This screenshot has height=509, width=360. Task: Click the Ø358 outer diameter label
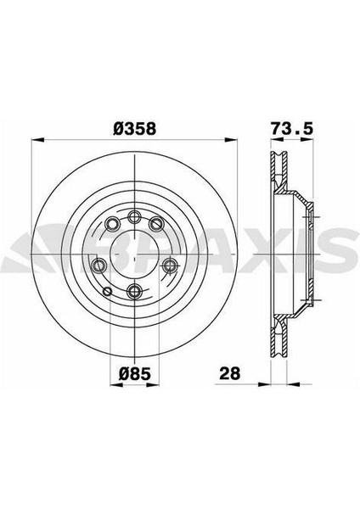134,129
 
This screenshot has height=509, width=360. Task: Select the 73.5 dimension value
291,128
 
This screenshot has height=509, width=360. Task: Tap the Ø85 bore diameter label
134,374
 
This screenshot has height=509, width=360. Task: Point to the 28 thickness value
230,373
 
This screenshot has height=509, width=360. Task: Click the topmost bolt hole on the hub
134,216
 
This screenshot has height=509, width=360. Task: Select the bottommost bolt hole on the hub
134,291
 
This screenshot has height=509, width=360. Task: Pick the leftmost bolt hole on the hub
99,266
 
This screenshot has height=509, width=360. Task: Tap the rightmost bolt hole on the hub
169,266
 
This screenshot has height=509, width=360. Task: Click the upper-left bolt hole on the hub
112,223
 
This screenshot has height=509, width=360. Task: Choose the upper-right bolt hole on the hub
156,224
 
